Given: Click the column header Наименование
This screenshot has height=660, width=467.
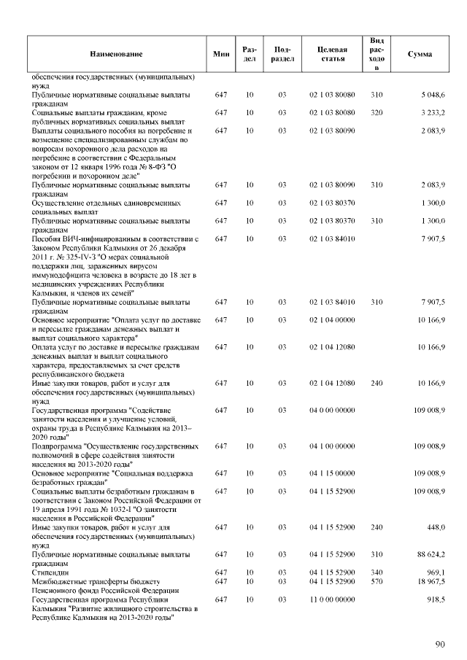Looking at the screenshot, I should (x=117, y=55).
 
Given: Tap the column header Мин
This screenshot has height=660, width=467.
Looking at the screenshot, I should (x=221, y=55).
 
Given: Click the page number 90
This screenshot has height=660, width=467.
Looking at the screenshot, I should (x=440, y=644).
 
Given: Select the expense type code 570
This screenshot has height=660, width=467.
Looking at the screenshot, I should (x=377, y=581).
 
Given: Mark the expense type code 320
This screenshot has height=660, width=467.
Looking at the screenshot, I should (x=377, y=112).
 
